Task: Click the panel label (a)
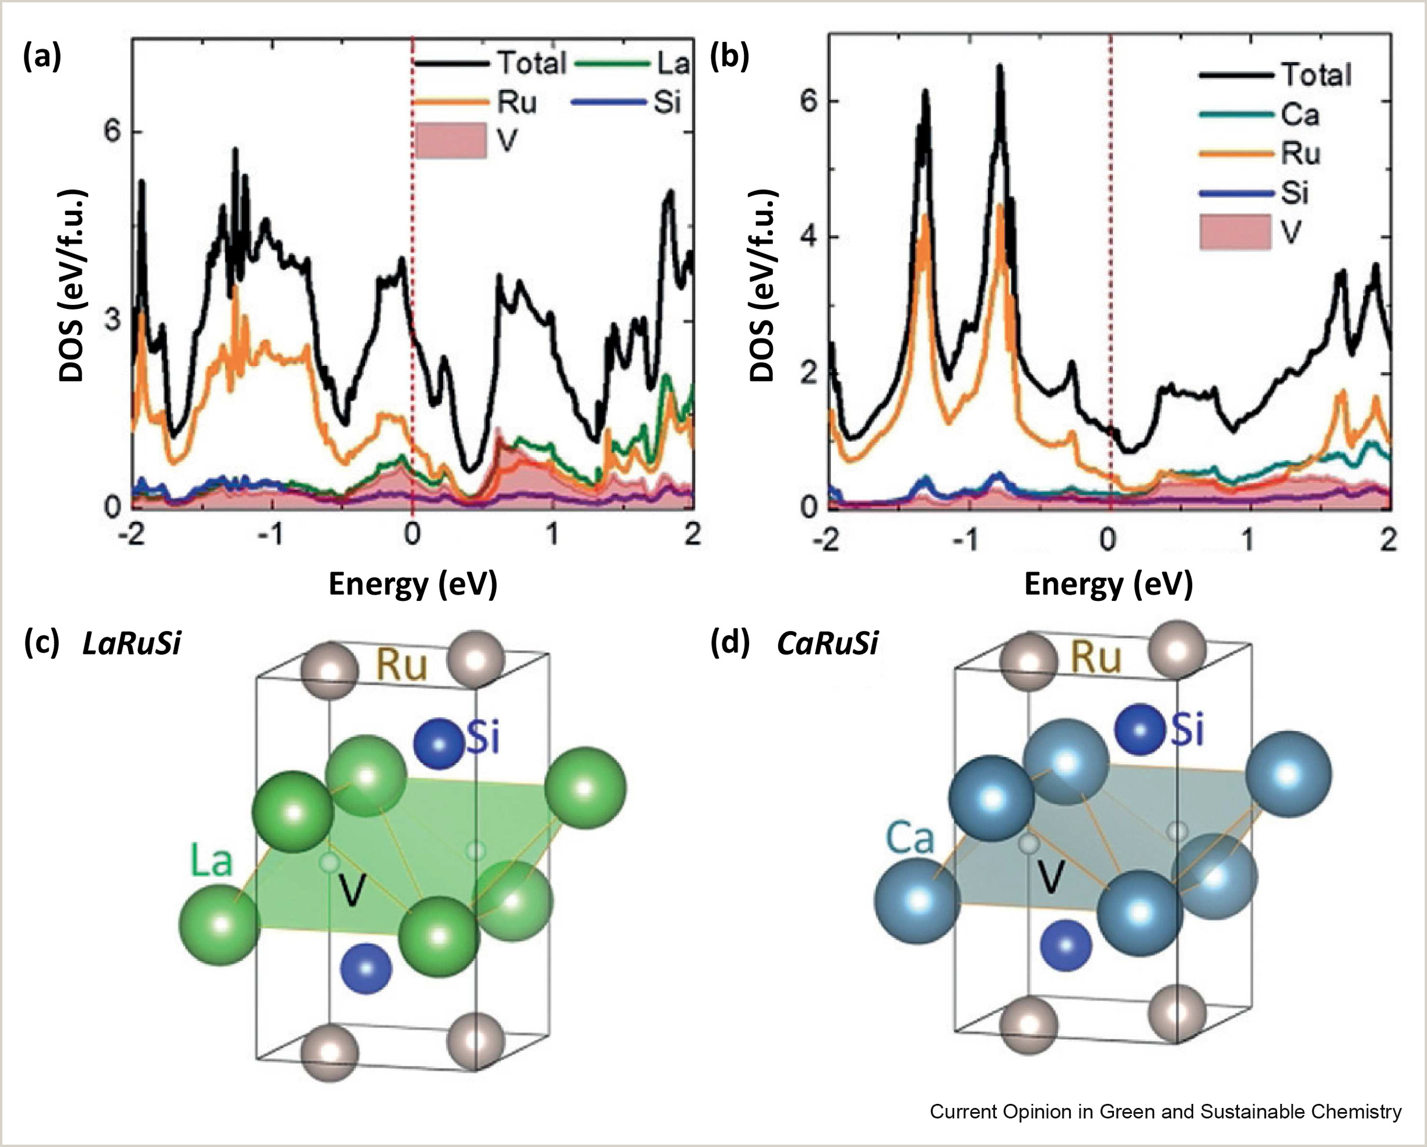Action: click(42, 58)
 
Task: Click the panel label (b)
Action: click(729, 58)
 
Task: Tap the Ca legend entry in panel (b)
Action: click(1300, 115)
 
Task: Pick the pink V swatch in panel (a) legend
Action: click(451, 140)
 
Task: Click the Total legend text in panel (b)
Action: click(1316, 75)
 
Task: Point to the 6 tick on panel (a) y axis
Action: click(113, 132)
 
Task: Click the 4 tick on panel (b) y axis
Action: click(809, 237)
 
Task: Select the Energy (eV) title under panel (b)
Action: click(1108, 585)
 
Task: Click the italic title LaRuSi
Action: click(131, 643)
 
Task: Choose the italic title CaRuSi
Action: click(827, 643)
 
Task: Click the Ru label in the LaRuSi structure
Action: click(402, 665)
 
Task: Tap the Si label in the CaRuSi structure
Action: click(1187, 731)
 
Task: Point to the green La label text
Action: click(212, 860)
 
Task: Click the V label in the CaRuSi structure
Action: click(1050, 878)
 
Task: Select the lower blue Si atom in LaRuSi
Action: click(366, 968)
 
